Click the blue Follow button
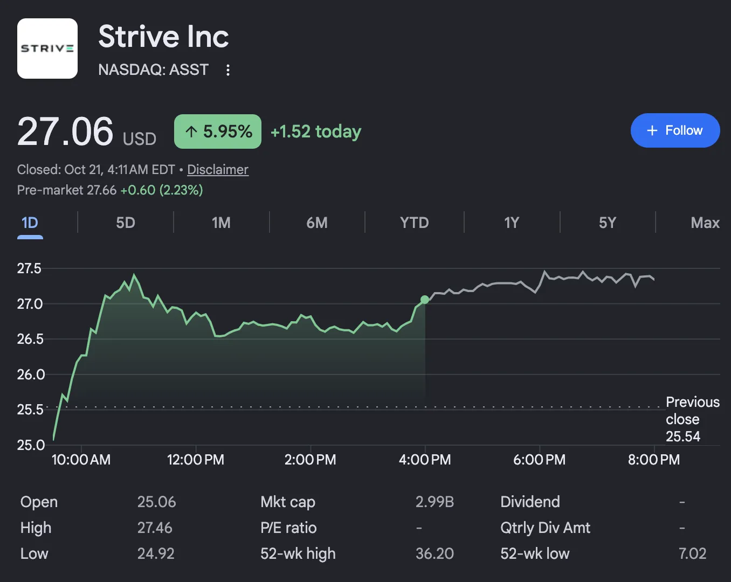675,130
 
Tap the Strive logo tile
47,48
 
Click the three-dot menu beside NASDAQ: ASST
228,70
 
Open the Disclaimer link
218,169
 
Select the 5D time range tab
126,223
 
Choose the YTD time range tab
415,223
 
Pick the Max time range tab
705,223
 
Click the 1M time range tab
221,223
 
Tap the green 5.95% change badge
218,131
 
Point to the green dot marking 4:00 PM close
425,300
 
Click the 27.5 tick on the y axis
29,268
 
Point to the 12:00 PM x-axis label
196,460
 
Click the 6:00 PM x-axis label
540,460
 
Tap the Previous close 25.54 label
692,419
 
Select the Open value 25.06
156,502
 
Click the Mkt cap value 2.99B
435,502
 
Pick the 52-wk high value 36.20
435,553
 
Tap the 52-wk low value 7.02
692,553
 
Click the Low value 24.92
156,553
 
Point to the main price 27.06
65,131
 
